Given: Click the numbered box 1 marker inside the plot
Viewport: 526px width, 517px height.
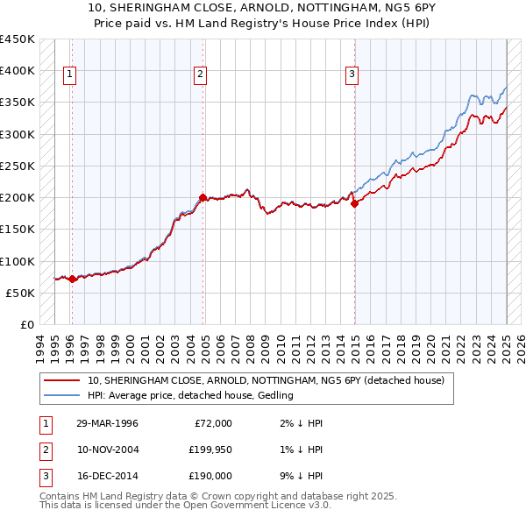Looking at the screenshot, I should pos(69,75).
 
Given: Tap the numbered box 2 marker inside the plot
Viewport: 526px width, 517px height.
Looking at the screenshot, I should pos(201,75).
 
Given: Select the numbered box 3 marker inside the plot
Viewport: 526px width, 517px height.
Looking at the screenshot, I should pos(352,75).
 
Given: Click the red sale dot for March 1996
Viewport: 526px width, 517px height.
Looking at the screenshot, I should pos(72,279).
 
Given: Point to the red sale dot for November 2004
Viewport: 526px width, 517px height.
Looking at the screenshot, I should pos(203,198).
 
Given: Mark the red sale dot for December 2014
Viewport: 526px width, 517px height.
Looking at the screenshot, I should pos(355,204).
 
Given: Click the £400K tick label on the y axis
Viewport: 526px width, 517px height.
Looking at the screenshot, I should pos(18,71).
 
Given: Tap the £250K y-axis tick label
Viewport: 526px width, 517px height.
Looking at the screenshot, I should pos(18,166).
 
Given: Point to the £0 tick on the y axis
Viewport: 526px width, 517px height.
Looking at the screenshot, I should pos(26,324).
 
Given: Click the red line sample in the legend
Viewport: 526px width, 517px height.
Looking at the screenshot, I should pos(60,380).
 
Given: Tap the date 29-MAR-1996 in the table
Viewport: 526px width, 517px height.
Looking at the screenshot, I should pos(107,423).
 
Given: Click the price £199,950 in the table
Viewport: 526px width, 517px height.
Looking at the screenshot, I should pos(210,450).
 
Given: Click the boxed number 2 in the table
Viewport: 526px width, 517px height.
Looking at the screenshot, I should pos(44,450).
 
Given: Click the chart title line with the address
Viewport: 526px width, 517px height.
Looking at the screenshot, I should pos(262,10).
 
